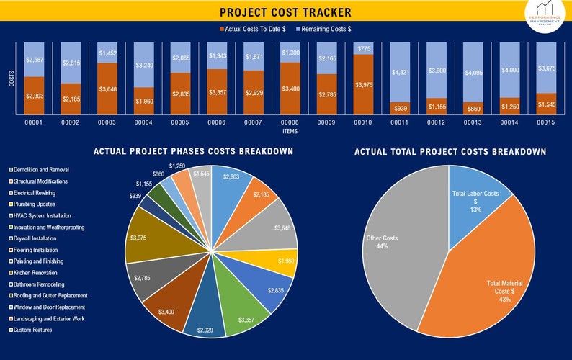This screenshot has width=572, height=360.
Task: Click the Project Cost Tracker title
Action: (286, 12)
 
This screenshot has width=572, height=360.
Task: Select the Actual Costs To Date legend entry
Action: (252, 29)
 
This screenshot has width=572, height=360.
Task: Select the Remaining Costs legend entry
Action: (323, 29)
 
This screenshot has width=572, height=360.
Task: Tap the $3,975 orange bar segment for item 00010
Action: (364, 85)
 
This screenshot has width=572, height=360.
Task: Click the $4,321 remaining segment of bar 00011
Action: (401, 73)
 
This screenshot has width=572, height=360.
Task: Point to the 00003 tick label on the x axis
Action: (107, 123)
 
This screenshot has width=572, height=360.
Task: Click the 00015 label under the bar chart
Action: (547, 123)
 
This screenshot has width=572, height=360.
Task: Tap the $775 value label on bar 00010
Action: (364, 49)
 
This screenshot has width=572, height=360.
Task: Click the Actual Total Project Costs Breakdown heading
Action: (450, 152)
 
